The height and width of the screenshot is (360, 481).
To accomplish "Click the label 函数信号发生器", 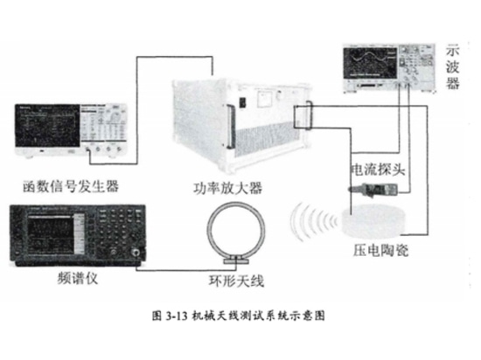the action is pos(71,186).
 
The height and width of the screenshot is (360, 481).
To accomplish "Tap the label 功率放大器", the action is pos(228,188).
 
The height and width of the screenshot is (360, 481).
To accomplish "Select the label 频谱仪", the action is pos(78,278).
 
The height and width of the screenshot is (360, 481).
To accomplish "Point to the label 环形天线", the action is pos(236,280).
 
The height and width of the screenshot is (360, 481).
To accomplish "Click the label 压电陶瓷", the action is pos(380,250).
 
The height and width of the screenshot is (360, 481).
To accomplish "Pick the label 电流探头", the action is pos(378,170).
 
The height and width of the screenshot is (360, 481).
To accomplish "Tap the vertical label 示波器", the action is pos(452,66).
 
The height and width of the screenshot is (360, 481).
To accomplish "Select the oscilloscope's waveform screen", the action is pos(370,63).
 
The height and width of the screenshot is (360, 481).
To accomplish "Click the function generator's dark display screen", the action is pos(47,126).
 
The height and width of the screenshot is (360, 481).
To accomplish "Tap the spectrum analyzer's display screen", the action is pos(52,233).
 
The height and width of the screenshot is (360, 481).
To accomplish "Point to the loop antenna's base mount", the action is pos(236,260).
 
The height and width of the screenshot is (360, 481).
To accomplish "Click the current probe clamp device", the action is pos(373,190).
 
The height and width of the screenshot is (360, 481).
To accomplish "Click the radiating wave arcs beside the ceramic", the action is pos(313,221).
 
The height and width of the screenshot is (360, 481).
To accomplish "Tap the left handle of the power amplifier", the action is pos(231,126).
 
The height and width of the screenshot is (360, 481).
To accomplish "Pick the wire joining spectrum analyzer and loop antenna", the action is pos(186,270).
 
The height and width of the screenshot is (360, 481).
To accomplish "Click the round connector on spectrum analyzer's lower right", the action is pos(136,253).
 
